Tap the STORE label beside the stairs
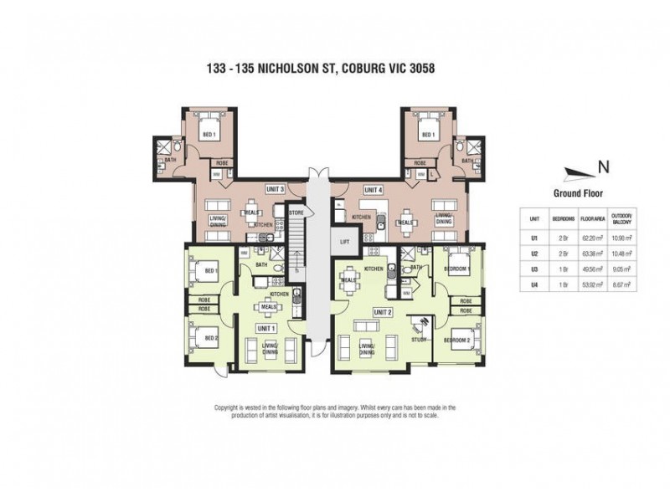coord(296,213)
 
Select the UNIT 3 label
coord(275,189)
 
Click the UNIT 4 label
coord(374,189)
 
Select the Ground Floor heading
coord(578,192)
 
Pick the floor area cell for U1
coord(594,238)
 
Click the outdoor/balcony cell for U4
coord(621,284)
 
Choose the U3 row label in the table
coord(533,269)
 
